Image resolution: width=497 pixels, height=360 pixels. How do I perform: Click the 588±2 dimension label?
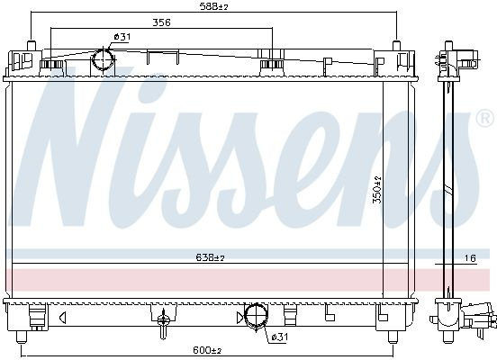(x=213, y=6)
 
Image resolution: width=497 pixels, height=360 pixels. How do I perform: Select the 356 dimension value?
(x=162, y=22)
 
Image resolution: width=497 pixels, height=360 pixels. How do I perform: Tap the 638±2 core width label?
(x=210, y=257)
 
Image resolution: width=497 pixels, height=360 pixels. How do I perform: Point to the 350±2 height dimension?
(x=377, y=190)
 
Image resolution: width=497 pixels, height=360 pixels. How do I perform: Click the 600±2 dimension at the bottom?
(x=207, y=350)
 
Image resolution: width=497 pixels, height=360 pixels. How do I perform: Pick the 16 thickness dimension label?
(x=470, y=258)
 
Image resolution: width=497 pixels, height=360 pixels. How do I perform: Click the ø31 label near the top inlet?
(x=122, y=37)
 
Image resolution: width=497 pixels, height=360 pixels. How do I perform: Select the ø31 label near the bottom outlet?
(x=279, y=337)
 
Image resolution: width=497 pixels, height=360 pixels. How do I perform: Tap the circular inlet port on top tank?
(x=104, y=58)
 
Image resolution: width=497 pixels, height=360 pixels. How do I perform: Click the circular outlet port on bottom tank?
(x=257, y=315)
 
